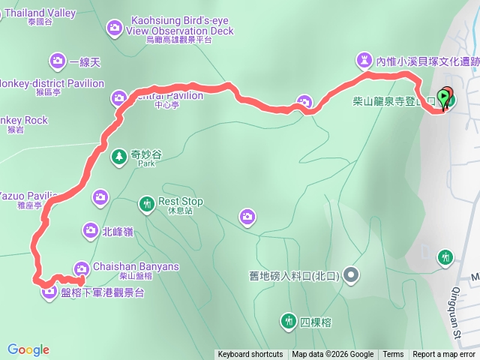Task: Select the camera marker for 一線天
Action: pos(58,61)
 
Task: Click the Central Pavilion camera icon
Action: pos(119,97)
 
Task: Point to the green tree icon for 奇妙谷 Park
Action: pos(118,157)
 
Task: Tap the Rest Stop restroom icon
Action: pos(147,203)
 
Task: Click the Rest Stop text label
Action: pos(181,202)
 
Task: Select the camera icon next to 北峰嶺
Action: pos(90,230)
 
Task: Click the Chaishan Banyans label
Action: pos(136,266)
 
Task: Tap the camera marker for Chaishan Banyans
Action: pos(82,268)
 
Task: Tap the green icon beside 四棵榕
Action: pos(288,322)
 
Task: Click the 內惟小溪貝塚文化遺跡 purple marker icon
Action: pos(364,60)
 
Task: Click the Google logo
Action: pos(28,349)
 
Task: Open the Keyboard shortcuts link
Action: pos(250,355)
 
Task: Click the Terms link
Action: pos(393,355)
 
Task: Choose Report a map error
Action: pos(444,355)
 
